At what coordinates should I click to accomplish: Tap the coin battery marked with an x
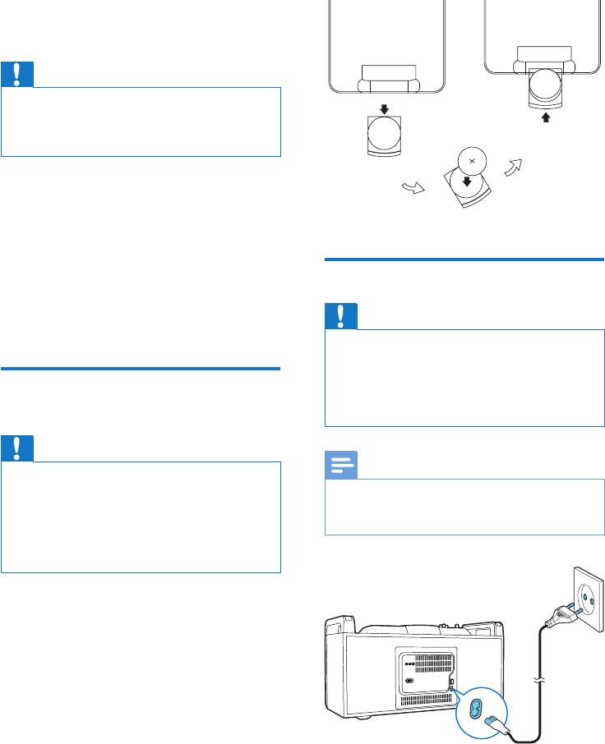click(x=473, y=159)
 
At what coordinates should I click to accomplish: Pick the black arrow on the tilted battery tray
click(x=468, y=182)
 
